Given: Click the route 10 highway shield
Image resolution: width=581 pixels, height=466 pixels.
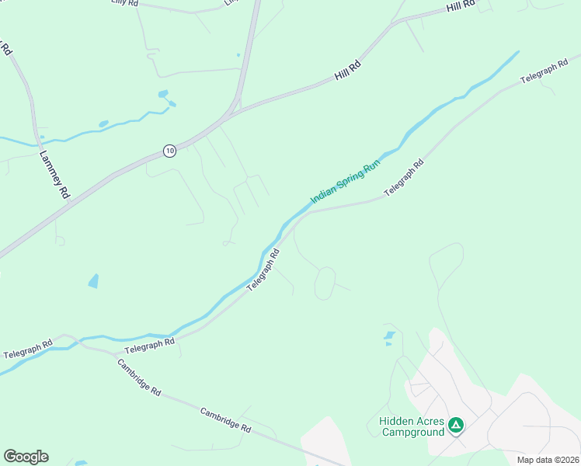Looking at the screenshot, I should click(x=169, y=150).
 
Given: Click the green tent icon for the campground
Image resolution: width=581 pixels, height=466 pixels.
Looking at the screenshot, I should click(x=456, y=426).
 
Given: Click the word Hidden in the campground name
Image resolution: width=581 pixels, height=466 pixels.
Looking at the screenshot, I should click(x=397, y=421).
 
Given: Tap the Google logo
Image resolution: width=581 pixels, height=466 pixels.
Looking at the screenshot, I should click(x=26, y=457).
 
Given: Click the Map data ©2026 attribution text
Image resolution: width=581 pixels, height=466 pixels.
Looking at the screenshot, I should click(x=548, y=460).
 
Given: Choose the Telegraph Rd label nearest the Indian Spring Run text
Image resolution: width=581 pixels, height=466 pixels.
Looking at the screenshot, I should click(x=404, y=179).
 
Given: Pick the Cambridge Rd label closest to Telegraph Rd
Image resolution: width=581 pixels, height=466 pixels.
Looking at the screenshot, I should click(x=139, y=377).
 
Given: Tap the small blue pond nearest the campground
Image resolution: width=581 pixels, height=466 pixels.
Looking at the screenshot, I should click(x=389, y=337).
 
